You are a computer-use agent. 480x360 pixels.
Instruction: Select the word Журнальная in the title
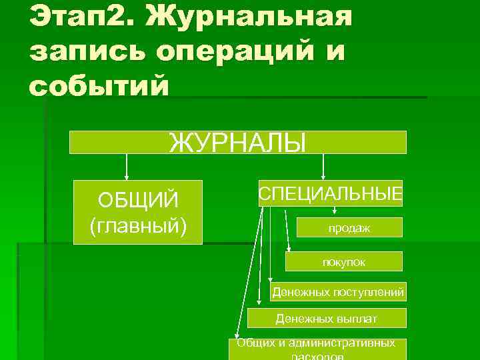coord(250,17)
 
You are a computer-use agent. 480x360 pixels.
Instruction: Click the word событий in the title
coord(99,86)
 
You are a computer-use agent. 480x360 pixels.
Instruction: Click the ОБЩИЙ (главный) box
coord(137,212)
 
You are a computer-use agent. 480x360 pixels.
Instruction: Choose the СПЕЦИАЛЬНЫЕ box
coord(331,193)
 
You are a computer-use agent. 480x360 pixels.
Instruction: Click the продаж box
coord(349,228)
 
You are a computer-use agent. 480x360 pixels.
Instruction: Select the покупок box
coord(343,261)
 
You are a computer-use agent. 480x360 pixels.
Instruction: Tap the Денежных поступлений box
coord(338,292)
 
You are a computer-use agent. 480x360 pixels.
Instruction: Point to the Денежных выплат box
coord(326,318)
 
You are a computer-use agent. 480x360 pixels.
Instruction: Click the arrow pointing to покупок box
coord(287,230)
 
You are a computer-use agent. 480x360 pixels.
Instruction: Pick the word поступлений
coord(373,292)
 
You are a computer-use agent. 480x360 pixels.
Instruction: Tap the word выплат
coord(357,319)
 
